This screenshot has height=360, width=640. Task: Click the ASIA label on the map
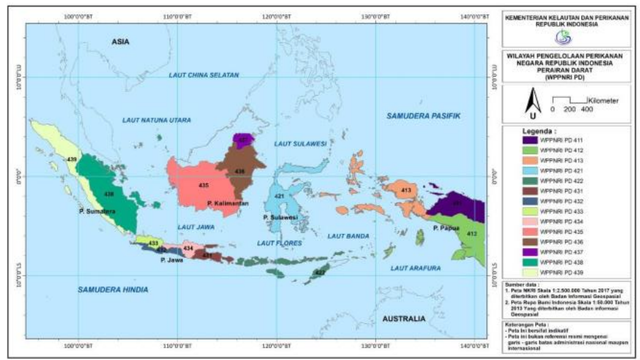tap(122, 42)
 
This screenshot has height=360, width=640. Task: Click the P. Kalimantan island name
tap(229, 203)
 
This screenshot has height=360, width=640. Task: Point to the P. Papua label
tap(446, 228)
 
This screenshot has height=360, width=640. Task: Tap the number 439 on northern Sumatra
tap(71, 160)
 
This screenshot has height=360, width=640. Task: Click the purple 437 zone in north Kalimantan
tap(241, 139)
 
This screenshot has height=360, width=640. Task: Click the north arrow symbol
tap(533, 99)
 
